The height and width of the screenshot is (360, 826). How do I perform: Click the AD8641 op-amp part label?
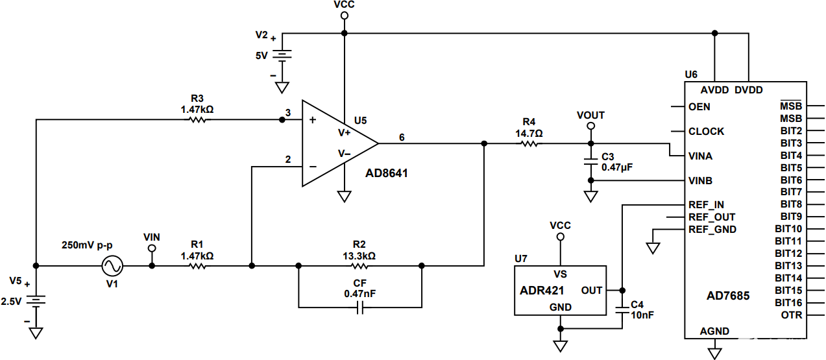pos(387,174)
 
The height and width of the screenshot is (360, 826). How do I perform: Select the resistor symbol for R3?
pos(197,120)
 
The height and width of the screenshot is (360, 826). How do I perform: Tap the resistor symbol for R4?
pos(529,143)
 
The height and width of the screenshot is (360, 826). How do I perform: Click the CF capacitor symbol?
pos(360,307)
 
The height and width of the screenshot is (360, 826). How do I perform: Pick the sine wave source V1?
pos(112,265)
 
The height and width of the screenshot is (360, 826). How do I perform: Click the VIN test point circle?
pos(152,248)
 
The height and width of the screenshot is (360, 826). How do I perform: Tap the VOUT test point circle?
pos(590,127)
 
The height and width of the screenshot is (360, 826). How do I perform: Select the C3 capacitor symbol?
pos(590,158)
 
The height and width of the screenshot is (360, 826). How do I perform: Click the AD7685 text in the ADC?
pos(728,296)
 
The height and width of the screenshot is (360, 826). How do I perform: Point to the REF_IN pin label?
pos(706,205)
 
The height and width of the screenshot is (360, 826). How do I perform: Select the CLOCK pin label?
pos(706,131)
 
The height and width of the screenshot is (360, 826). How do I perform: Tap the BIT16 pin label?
pos(788,303)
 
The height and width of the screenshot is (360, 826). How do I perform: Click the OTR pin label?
pos(792,315)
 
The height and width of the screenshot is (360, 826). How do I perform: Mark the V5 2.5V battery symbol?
pos(36,300)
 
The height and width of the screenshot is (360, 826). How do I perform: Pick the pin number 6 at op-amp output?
pos(402,138)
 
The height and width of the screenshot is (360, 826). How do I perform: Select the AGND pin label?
pos(714,331)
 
